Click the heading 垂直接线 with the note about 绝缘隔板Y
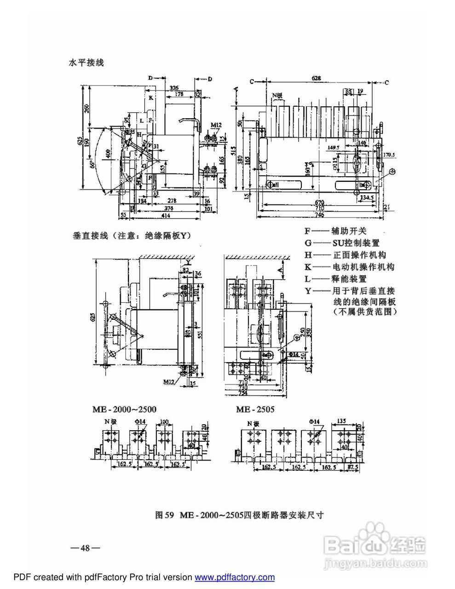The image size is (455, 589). point(132,236)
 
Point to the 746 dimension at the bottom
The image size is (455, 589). point(319,214)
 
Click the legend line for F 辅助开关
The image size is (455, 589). point(336,231)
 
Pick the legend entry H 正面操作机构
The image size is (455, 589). point(345,255)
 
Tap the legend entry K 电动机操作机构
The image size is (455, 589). point(349,267)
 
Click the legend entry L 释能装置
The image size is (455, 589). point(335,279)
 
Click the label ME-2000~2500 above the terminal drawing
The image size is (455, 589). point(123,409)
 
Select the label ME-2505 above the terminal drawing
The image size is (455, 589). point(255,409)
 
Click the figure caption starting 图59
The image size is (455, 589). point(240,515)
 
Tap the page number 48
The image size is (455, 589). point(85,548)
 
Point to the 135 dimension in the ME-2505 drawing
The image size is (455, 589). point(342,420)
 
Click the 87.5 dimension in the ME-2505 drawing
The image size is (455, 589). point(353,467)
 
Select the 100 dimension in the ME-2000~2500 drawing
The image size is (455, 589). point(164,422)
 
